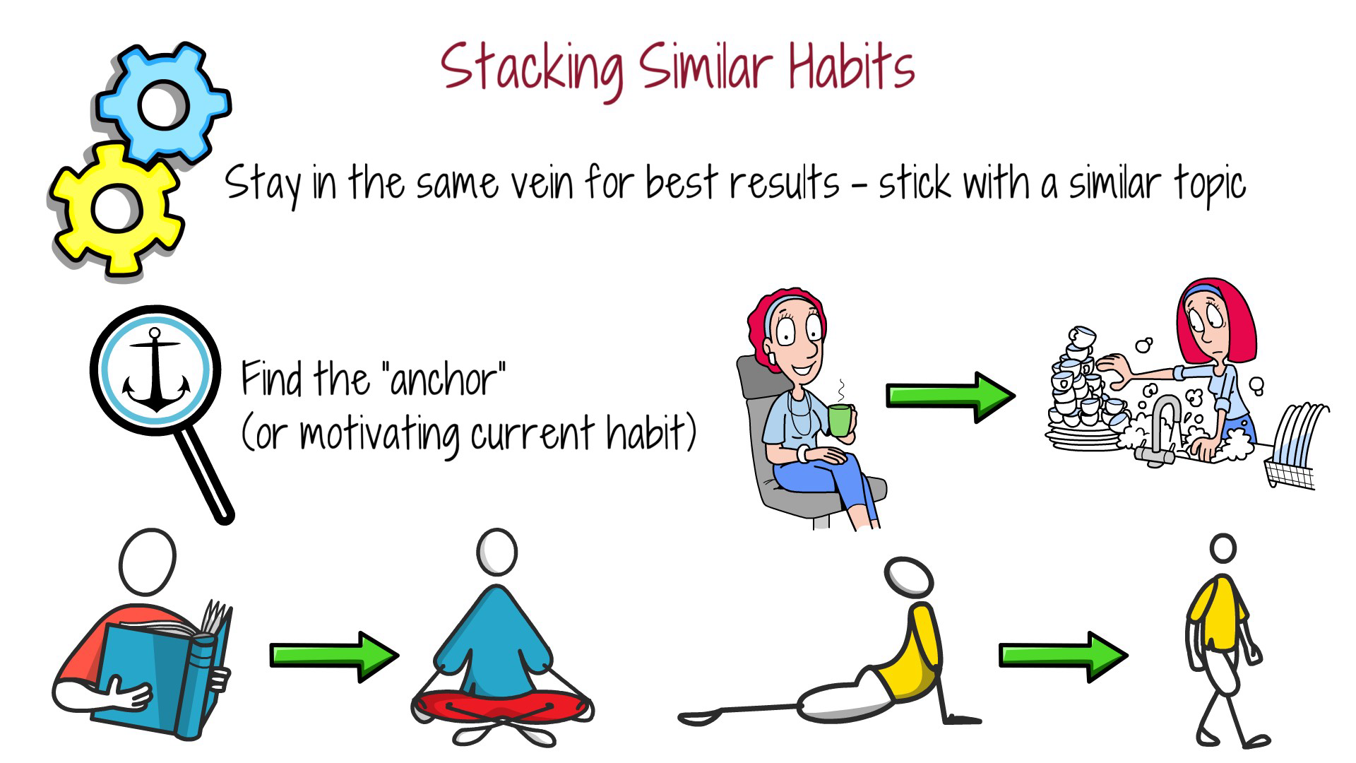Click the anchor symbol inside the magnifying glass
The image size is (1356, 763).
coord(155,371)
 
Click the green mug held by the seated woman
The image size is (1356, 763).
coord(839,420)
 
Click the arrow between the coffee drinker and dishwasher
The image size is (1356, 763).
coord(950,397)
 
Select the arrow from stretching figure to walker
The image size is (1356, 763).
coord(1062,656)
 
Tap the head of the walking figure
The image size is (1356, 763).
coord(1223,548)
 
